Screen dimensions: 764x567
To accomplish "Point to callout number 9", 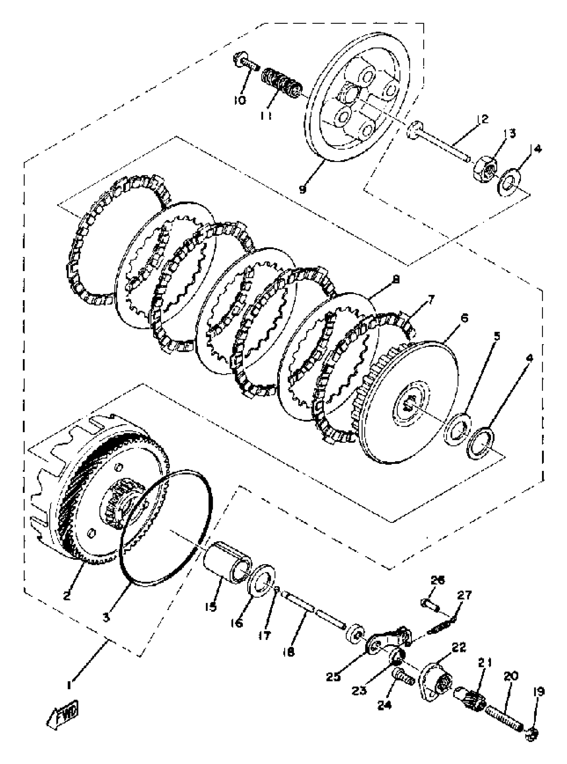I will [303, 189].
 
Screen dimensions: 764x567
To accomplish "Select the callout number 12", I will [483, 119].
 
